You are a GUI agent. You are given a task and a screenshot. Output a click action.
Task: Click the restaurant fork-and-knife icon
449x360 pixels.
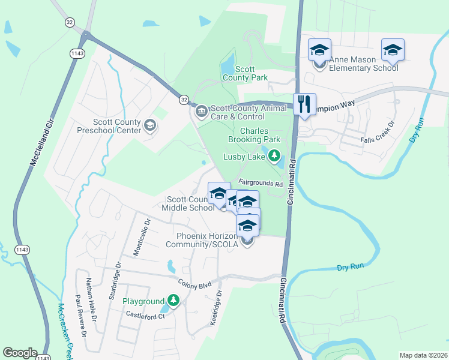pos(304,104)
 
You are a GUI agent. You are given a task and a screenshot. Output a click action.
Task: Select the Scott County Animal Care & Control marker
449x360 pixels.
pos(200,111)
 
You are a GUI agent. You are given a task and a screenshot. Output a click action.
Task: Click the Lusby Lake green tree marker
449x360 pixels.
pos(274,157)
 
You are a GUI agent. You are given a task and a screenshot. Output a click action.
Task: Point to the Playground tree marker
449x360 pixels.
pos(173,300)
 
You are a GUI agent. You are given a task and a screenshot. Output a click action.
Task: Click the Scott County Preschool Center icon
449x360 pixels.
pos(150,125)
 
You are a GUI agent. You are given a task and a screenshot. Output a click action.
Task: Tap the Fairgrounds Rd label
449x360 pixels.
pos(260,183)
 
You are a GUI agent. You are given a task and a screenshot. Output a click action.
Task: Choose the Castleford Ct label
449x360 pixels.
pos(145,315)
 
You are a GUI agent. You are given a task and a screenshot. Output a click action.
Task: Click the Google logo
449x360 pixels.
pos(20,353)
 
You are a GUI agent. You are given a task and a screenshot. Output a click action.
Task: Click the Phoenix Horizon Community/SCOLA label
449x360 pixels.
pos(207,240)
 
